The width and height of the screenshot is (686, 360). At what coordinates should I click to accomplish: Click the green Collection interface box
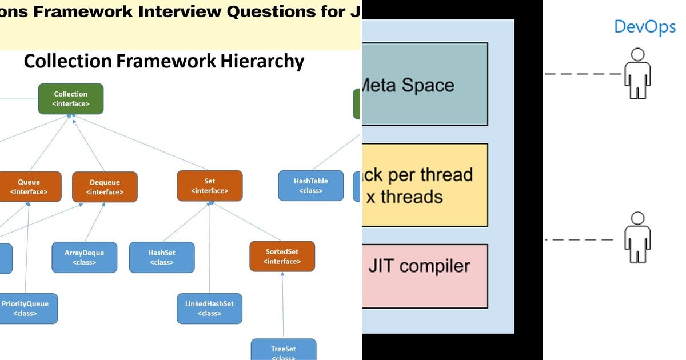pyautogui.click(x=71, y=98)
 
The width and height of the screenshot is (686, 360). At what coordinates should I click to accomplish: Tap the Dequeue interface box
pyautogui.click(x=105, y=187)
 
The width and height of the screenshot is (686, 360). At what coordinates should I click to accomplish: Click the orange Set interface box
pyautogui.click(x=209, y=186)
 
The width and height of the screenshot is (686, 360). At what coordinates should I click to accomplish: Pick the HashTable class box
pyautogui.click(x=310, y=186)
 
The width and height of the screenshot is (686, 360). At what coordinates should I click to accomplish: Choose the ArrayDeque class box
pyautogui.click(x=85, y=257)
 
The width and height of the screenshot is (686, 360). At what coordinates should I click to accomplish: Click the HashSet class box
pyautogui.click(x=162, y=257)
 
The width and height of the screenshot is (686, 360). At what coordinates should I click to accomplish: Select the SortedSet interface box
pyautogui.click(x=282, y=256)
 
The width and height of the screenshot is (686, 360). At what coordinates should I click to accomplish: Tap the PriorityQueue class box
pyautogui.click(x=26, y=309)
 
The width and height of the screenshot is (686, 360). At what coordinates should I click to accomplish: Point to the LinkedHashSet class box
pyautogui.click(x=209, y=309)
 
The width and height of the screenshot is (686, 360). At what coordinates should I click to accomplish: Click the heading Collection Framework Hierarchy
pyautogui.click(x=163, y=61)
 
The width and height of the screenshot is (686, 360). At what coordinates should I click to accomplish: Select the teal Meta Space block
pyautogui.click(x=425, y=85)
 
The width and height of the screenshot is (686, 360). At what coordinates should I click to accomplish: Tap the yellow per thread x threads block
pyautogui.click(x=425, y=185)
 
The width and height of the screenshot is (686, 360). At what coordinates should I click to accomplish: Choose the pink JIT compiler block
pyautogui.click(x=425, y=276)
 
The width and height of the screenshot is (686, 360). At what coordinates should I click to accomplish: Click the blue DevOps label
pyautogui.click(x=644, y=27)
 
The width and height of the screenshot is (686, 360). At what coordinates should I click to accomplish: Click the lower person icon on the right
pyautogui.click(x=637, y=237)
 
